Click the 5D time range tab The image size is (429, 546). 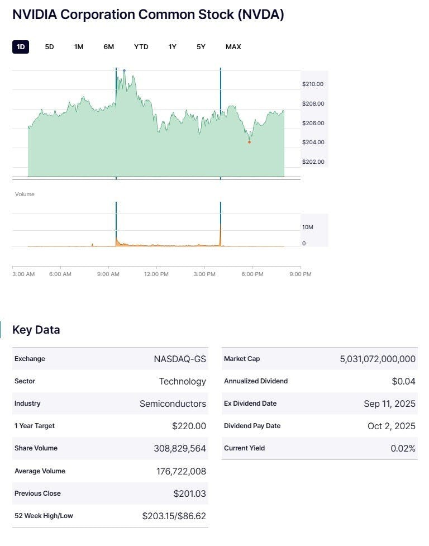(x=49, y=47)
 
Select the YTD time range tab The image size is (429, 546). (x=141, y=47)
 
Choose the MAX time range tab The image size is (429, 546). (x=233, y=47)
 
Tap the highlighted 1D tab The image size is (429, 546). (x=21, y=47)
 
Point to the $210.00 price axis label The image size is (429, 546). (x=313, y=84)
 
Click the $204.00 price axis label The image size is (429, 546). (x=313, y=143)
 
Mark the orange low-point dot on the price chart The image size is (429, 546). (x=249, y=142)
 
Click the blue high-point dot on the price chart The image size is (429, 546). (x=124, y=70)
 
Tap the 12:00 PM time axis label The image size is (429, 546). (x=156, y=274)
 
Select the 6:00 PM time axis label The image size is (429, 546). (x=252, y=274)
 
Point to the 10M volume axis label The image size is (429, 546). (x=308, y=227)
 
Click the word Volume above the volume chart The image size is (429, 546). (x=25, y=194)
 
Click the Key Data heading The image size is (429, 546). (x=36, y=330)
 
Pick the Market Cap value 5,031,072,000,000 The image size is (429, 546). (x=378, y=359)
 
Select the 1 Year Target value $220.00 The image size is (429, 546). (x=189, y=426)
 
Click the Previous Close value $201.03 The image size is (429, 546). (x=189, y=493)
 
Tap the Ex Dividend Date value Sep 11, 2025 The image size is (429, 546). (x=389, y=403)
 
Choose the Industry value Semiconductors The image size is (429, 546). (x=173, y=403)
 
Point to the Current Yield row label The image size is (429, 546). (x=244, y=448)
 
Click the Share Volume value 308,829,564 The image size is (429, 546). (x=180, y=448)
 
